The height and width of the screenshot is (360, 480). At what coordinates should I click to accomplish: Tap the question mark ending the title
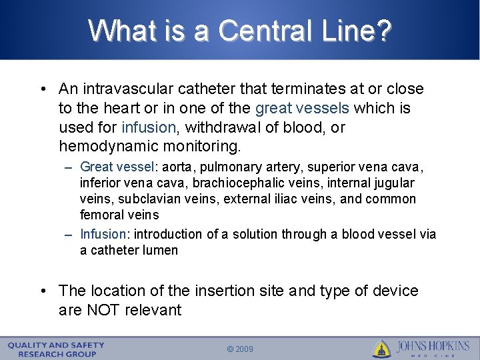coord(384,30)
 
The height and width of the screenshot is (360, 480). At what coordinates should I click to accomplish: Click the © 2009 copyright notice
coord(240,349)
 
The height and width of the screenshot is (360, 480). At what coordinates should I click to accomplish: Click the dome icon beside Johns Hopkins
coord(381,348)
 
